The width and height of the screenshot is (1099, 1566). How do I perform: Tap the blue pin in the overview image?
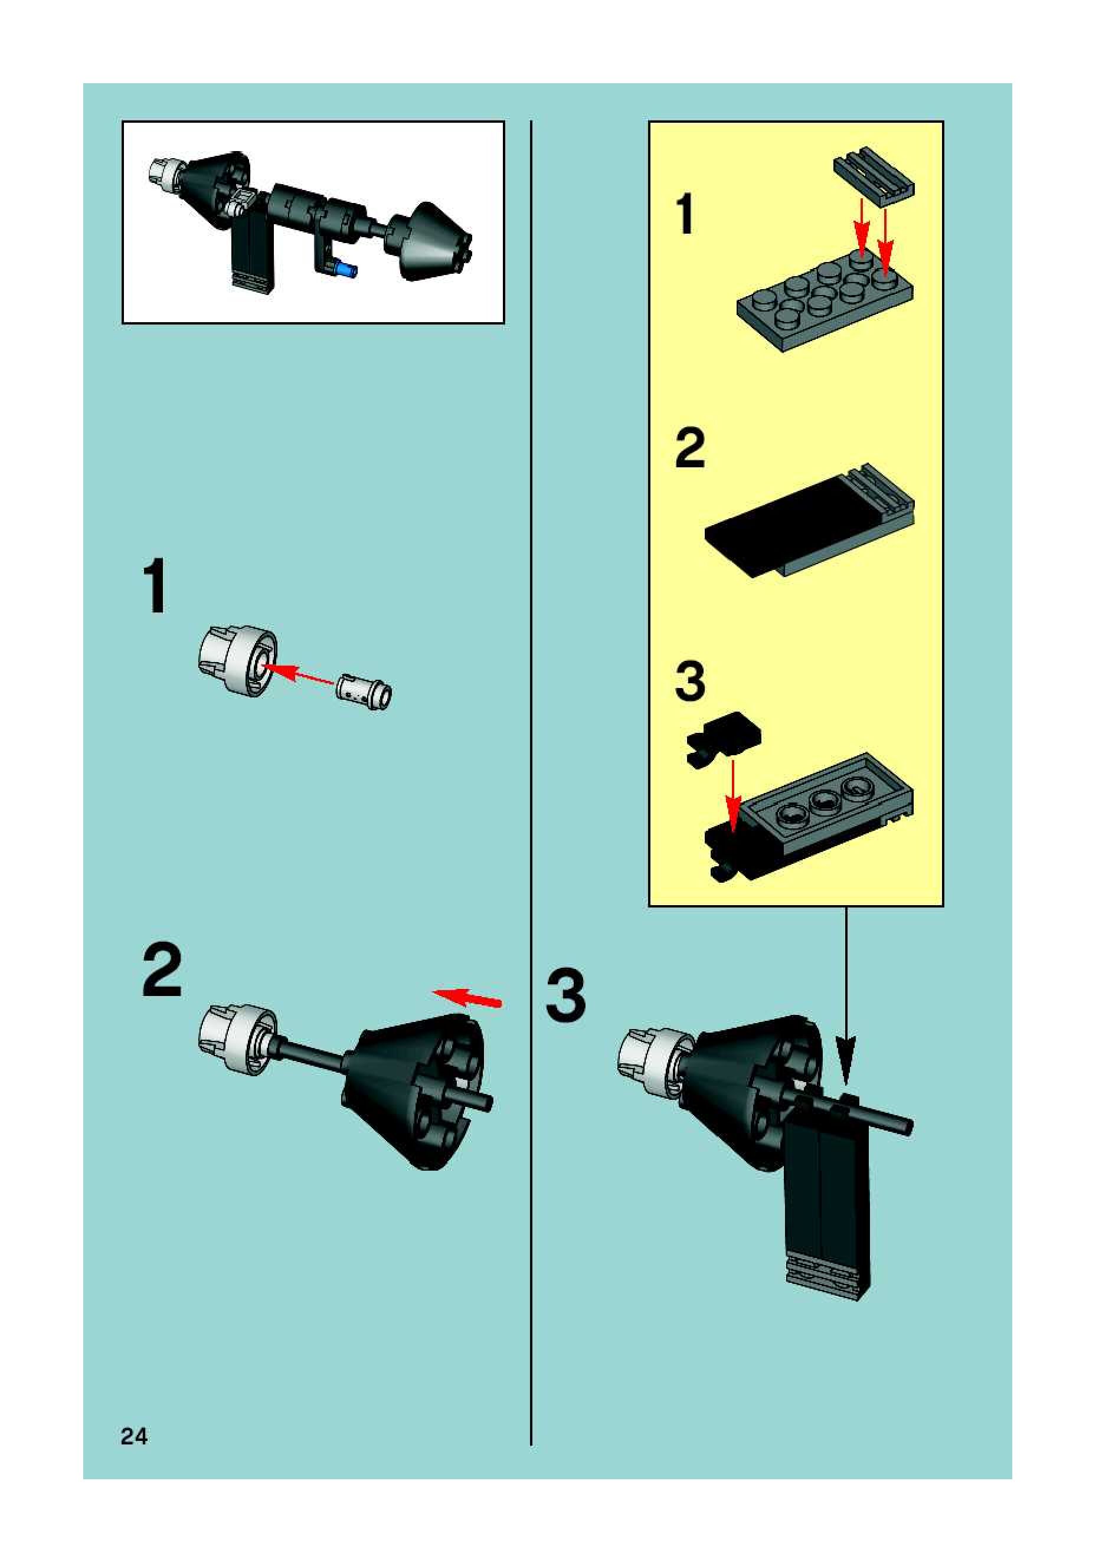(x=346, y=270)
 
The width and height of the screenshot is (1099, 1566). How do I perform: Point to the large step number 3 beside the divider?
(x=565, y=997)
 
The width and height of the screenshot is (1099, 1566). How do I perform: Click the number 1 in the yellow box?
(x=685, y=214)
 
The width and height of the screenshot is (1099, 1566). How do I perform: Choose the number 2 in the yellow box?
(x=690, y=447)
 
